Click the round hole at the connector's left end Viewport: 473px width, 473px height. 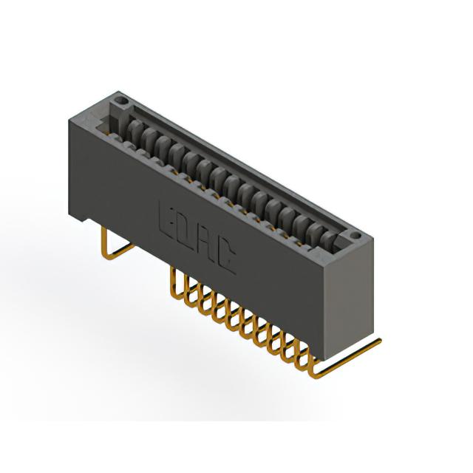[122, 100]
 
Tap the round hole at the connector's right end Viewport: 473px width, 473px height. [356, 235]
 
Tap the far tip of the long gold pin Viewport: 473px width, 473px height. [380, 341]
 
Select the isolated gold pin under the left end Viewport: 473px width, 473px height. [114, 246]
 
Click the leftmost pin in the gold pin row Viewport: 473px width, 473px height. [177, 284]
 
